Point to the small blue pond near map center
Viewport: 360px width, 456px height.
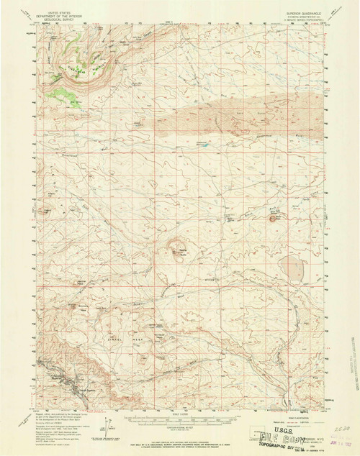click(204, 145)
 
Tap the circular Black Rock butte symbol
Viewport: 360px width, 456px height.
click(273, 212)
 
